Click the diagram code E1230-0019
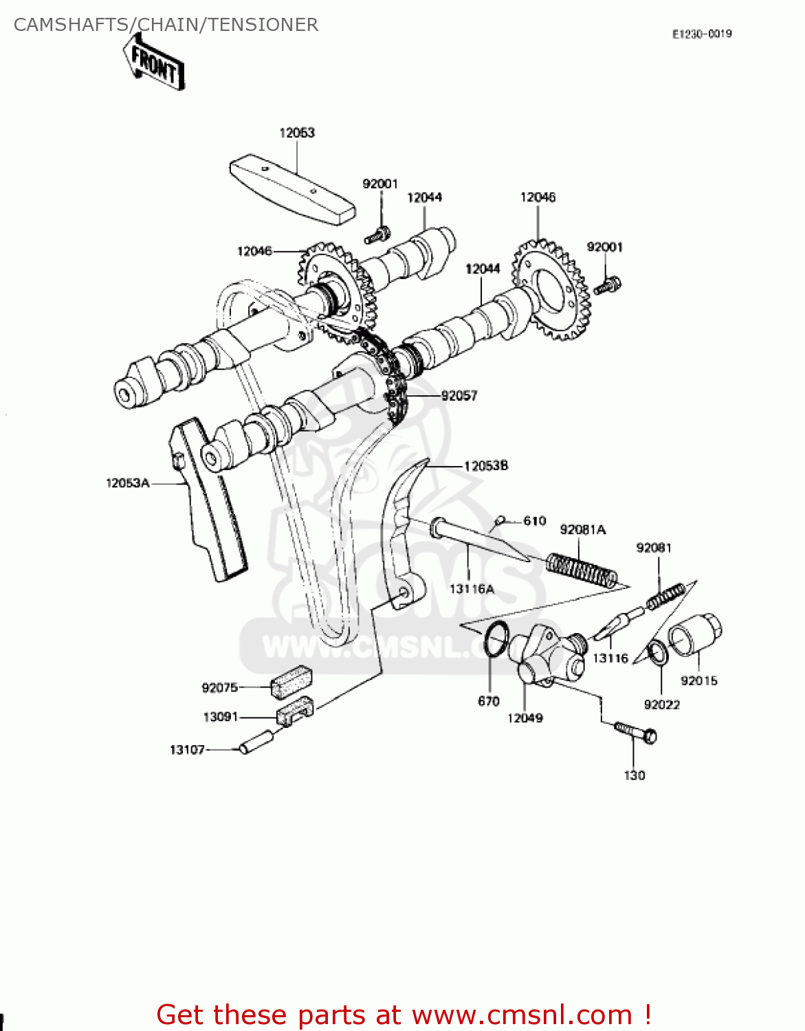coord(702,34)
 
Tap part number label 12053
coord(297,133)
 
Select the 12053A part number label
coord(128,483)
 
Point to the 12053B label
coord(486,466)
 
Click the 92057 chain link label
coord(459,395)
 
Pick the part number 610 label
coord(535,521)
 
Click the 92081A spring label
coord(583,529)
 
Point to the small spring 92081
coord(665,596)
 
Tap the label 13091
coord(221,717)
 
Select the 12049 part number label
coord(525,718)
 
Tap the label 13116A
coord(472,589)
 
